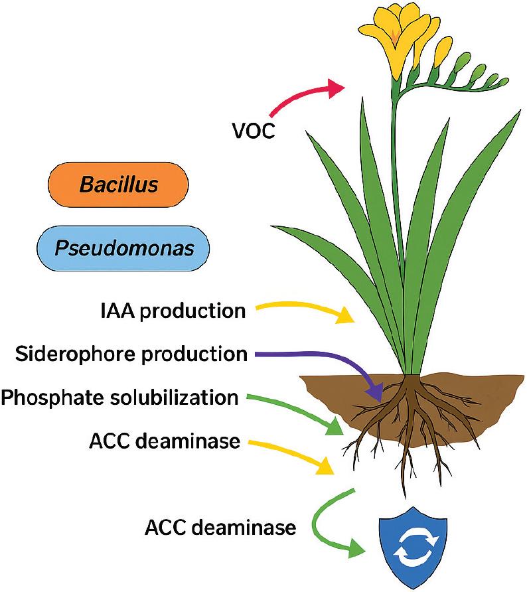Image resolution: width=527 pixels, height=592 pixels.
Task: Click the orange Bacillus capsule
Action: click(119, 184)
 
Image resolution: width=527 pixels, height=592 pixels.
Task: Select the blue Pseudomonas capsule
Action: click(124, 248)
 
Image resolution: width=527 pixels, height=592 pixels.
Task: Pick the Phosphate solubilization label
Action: click(119, 398)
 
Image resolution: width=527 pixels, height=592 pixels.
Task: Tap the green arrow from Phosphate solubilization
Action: click(299, 411)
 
